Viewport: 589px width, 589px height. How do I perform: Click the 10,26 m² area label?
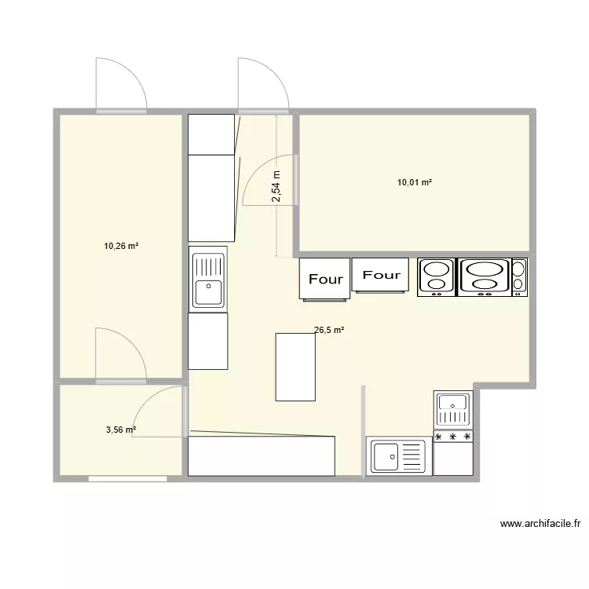point(121,246)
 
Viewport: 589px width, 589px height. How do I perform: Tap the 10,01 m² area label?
point(415,182)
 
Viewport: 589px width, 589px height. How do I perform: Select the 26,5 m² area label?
point(329,331)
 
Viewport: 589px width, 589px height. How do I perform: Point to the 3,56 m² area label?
point(121,430)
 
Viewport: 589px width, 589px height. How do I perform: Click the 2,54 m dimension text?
point(276,187)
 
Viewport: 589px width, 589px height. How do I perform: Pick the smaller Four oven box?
point(381,275)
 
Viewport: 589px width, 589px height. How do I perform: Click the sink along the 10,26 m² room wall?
point(208,280)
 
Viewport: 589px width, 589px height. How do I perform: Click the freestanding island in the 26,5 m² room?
point(296,367)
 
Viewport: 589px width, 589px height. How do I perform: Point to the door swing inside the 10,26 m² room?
point(118,353)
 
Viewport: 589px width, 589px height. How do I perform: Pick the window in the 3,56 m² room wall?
point(127,477)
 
